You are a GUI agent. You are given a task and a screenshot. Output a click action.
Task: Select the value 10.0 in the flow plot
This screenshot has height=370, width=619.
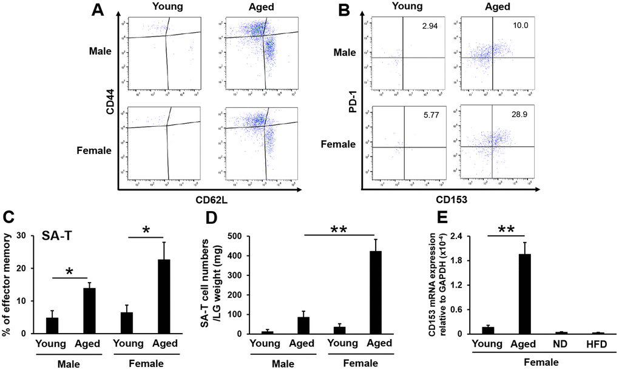pos(518,23)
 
